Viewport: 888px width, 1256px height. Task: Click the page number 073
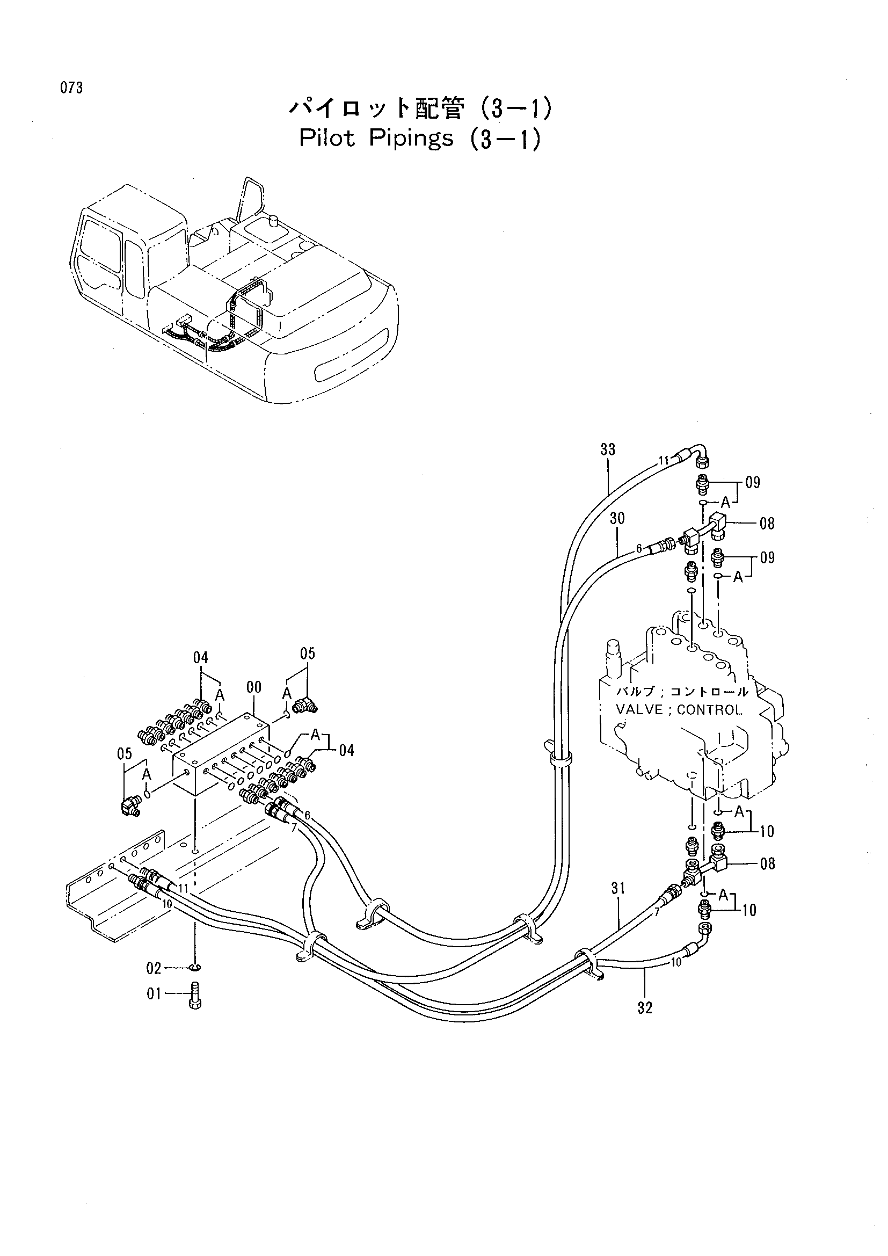71,88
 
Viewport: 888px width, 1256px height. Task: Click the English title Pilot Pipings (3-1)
420,139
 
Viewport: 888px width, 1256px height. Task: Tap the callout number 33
608,449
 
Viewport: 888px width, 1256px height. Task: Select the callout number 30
617,518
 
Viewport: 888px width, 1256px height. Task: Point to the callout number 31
618,888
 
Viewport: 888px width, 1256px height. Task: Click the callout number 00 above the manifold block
254,687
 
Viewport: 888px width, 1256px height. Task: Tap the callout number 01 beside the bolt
154,994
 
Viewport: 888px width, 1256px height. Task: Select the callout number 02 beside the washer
154,969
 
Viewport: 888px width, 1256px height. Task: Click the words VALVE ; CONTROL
679,710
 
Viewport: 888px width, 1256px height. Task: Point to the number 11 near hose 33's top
663,461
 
